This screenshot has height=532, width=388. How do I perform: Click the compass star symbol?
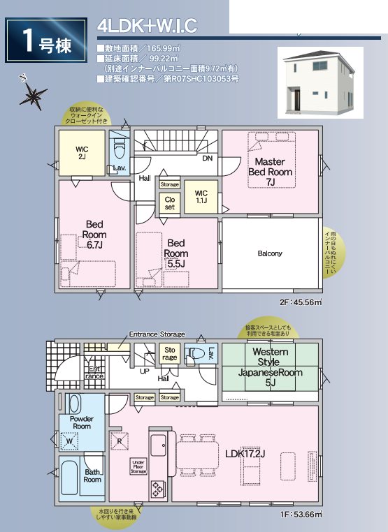32,93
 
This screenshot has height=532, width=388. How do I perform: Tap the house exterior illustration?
319,82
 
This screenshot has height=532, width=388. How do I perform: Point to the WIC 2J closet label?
82,153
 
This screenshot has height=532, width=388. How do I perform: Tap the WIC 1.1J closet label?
201,197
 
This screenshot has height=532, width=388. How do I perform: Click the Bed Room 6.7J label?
94,235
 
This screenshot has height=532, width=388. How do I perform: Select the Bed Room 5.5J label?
176,253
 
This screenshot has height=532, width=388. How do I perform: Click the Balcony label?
270,253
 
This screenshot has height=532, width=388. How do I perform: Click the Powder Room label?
82,422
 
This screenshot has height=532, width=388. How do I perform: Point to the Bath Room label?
92,475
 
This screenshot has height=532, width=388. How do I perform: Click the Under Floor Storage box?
138,467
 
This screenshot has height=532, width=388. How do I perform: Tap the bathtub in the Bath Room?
71,480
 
